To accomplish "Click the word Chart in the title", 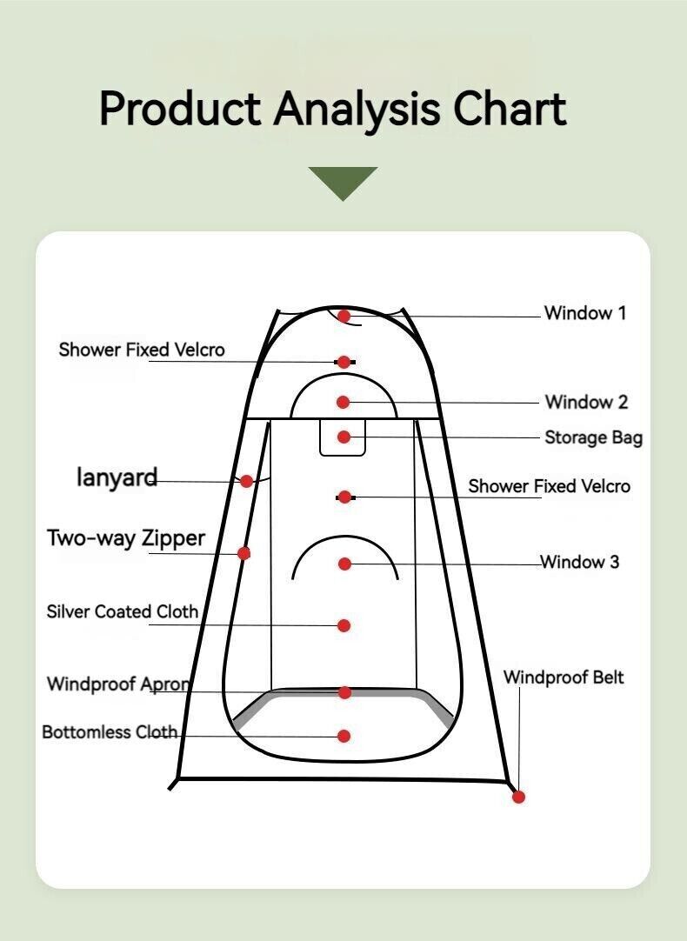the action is (x=510, y=109).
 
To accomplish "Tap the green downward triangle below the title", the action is (x=343, y=182).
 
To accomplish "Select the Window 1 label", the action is (x=585, y=313).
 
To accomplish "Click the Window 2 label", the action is (x=586, y=402).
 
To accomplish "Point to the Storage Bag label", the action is (x=593, y=438).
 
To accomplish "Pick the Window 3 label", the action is (x=580, y=562).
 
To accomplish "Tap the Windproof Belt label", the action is (x=564, y=677).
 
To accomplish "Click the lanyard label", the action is (x=117, y=477).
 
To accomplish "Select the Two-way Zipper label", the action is (x=126, y=538).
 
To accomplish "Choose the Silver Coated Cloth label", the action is (x=123, y=611).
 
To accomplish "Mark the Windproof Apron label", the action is (x=119, y=684).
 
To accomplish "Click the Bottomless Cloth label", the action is (x=110, y=731).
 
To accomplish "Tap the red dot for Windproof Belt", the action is (x=519, y=797).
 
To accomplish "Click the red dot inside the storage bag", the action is (x=343, y=437).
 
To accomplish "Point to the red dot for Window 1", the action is (x=343, y=316).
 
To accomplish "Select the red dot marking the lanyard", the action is (x=247, y=481).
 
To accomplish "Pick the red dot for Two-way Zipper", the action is (x=243, y=553).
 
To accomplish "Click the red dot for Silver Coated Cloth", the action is (x=343, y=626).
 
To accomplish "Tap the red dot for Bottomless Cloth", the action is (x=343, y=736).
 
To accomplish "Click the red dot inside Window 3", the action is (x=344, y=564).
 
